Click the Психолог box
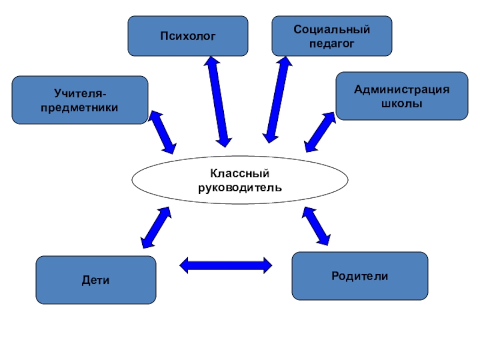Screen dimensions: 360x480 click(x=188, y=36)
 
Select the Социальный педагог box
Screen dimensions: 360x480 click(x=332, y=36)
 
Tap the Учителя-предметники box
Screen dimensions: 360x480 click(x=80, y=100)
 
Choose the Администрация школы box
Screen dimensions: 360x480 click(x=401, y=96)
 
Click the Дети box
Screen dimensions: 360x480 click(x=96, y=280)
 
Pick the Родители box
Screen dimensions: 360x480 click(x=359, y=275)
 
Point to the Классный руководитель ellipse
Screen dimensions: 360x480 click(x=239, y=180)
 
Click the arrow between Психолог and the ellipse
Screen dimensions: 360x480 click(x=217, y=101)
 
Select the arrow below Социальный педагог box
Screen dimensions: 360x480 click(x=277, y=100)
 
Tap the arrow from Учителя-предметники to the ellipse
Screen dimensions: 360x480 click(x=162, y=132)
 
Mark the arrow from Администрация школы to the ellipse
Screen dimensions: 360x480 click(x=320, y=131)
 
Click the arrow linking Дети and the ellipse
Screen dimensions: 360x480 click(x=155, y=228)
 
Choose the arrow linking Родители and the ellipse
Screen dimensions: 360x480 click(x=316, y=226)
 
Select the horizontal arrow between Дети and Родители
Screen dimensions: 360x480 click(x=226, y=264)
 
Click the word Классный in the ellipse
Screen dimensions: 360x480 click(x=239, y=173)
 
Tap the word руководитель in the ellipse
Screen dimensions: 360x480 click(x=239, y=187)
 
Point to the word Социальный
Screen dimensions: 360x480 click(x=332, y=29)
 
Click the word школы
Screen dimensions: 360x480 click(x=401, y=103)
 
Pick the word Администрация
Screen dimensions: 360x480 click(x=401, y=89)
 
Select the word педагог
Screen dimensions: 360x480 click(x=332, y=43)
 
